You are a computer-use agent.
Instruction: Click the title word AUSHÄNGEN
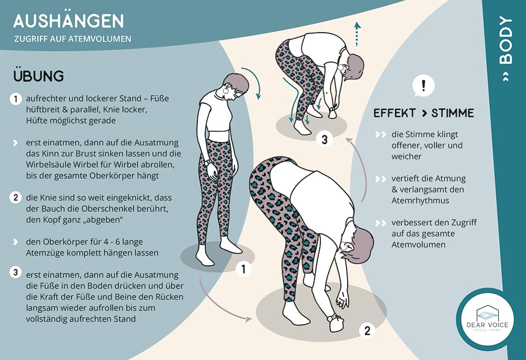click(x=69, y=21)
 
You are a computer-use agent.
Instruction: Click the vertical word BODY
click(x=506, y=40)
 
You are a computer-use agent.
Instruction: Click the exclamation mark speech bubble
click(x=423, y=86)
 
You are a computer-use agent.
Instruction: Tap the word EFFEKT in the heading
click(x=395, y=113)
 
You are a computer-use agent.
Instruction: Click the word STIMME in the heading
click(x=452, y=113)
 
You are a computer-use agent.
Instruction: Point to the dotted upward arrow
click(x=357, y=34)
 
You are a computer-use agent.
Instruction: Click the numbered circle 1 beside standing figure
click(x=243, y=269)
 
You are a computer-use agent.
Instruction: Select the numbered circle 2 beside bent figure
click(x=367, y=331)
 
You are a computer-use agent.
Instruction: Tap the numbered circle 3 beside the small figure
click(x=325, y=139)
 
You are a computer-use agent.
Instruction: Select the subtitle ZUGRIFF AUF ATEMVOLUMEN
click(x=73, y=39)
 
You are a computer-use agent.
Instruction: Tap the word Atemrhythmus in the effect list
click(x=416, y=201)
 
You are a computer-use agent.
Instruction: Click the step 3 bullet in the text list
click(x=15, y=272)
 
